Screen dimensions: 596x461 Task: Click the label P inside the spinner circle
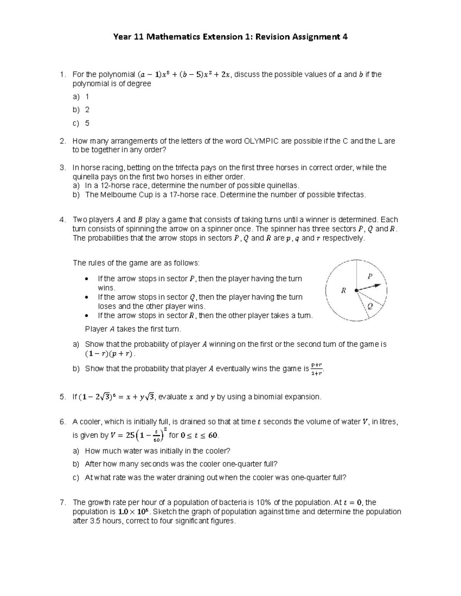pyautogui.click(x=370, y=276)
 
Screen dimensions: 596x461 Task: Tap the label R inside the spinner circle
pyautogui.click(x=343, y=291)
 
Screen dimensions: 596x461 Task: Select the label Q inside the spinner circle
pyautogui.click(x=370, y=306)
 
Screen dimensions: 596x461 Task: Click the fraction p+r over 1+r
pyautogui.click(x=317, y=369)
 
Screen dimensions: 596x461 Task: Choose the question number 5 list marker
pyautogui.click(x=63, y=397)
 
